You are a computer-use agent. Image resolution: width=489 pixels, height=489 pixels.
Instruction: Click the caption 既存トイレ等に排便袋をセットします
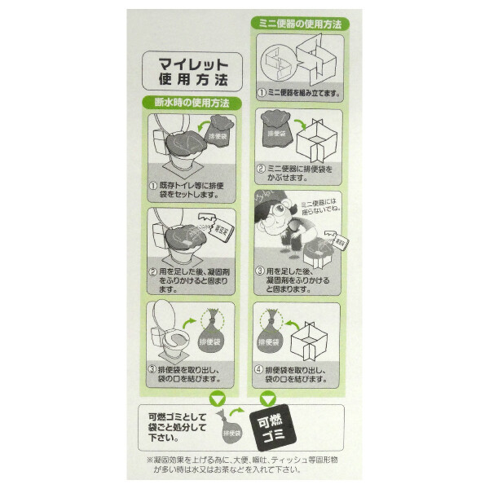point(189,192)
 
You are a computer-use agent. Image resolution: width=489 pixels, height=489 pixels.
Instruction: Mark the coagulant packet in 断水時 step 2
point(221,227)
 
